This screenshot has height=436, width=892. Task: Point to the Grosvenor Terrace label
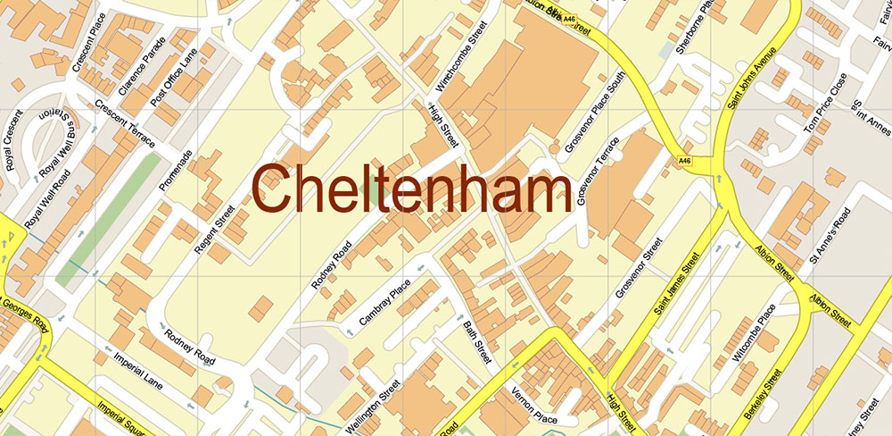[x=598, y=173]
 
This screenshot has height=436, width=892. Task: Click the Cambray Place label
[x=384, y=298]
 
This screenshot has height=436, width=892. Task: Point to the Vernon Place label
[x=534, y=403]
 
